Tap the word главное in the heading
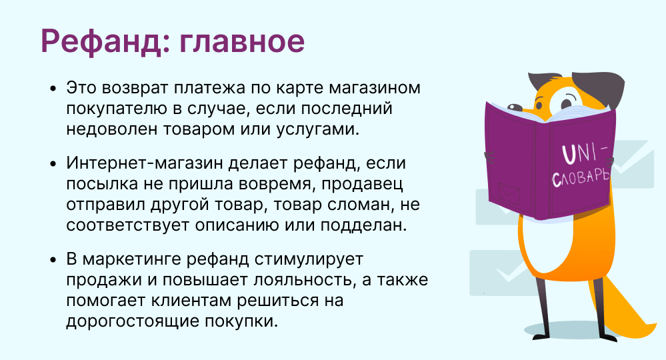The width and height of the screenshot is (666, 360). [242, 41]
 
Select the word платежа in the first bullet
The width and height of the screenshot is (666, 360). [209, 88]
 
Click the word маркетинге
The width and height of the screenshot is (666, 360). [132, 259]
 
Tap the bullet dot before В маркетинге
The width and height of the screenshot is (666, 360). [53, 259]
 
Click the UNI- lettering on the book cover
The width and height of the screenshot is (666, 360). [585, 153]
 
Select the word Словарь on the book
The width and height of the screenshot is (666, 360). [581, 177]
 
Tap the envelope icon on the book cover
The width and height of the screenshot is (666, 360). [509, 193]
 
